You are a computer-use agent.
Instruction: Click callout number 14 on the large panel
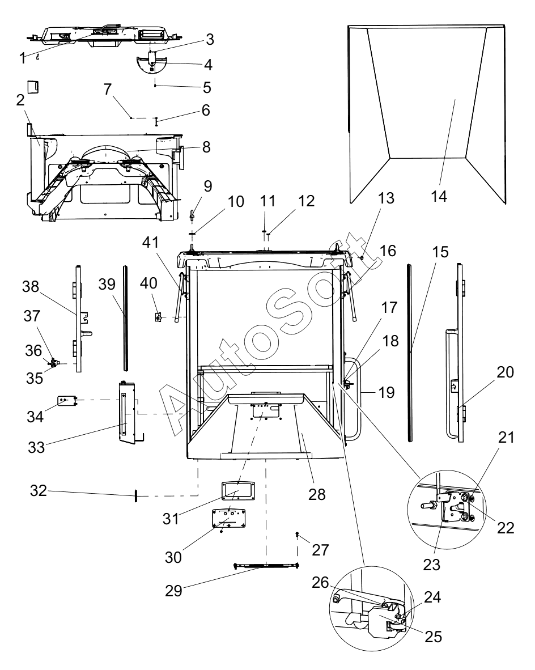click(x=439, y=197)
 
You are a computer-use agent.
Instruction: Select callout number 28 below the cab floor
click(x=317, y=494)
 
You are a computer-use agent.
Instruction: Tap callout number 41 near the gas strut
click(x=150, y=242)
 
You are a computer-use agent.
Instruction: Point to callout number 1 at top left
click(x=23, y=58)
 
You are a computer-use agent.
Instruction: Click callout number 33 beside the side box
click(x=36, y=447)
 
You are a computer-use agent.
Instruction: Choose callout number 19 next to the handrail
click(x=387, y=392)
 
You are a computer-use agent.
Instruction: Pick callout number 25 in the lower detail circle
click(x=434, y=637)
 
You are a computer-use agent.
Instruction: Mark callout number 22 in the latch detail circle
click(x=506, y=528)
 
